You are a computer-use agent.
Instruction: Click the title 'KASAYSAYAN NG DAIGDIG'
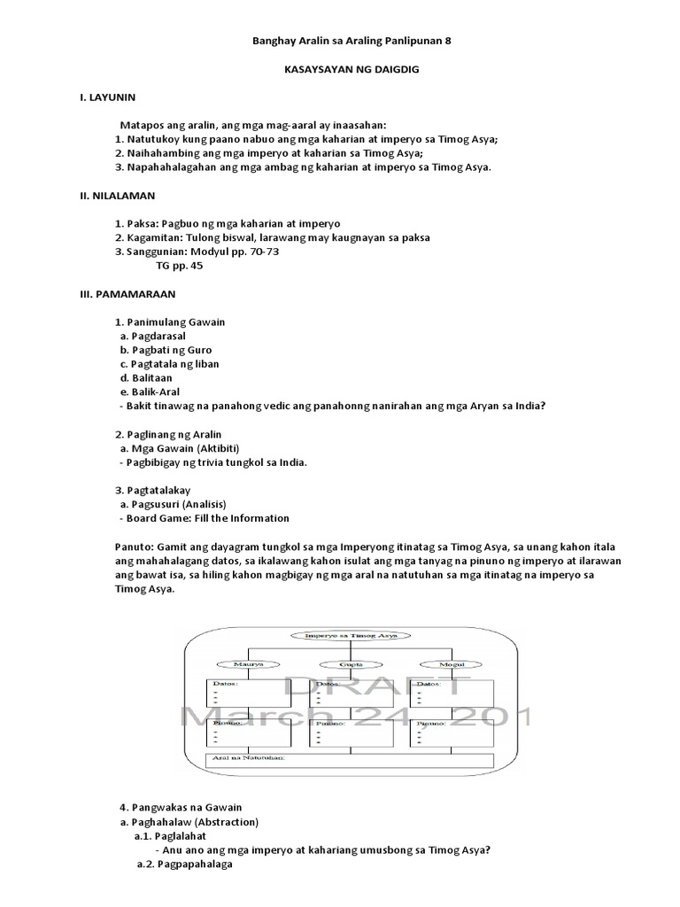coord(340,68)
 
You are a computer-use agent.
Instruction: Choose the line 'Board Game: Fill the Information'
coord(207,518)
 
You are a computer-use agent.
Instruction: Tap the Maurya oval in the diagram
coord(243,664)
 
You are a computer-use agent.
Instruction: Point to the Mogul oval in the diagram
coord(439,664)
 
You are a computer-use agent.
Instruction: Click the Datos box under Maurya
coord(251,695)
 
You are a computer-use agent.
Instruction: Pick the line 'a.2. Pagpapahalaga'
coord(184,864)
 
